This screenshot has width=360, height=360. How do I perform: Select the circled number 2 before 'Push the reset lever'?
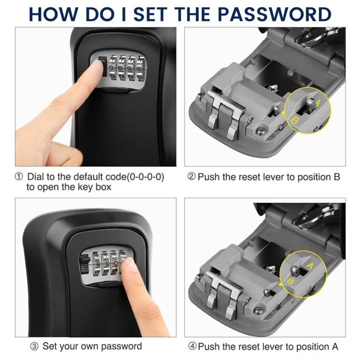[191, 176]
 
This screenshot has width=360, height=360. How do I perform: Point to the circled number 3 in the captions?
[36, 346]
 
